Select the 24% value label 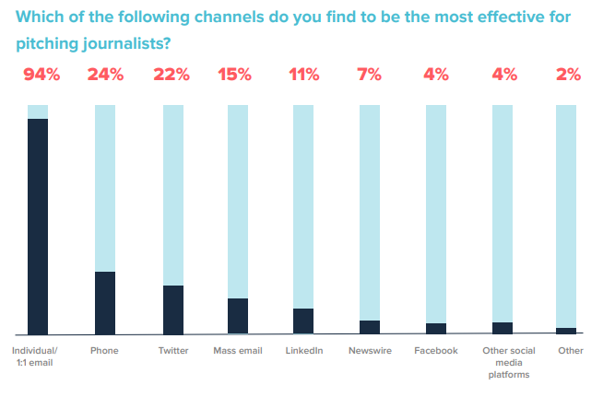[x=105, y=76]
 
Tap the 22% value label [x=173, y=76]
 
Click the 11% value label [x=304, y=76]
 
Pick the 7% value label [x=370, y=76]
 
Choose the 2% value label [x=567, y=76]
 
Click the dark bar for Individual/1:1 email [x=38, y=226]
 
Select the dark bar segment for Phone [x=105, y=302]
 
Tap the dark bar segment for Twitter [x=173, y=309]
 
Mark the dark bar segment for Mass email [x=238, y=315]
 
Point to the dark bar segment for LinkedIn [x=304, y=321]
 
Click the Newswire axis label [x=371, y=351]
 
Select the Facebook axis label [x=436, y=351]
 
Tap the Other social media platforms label [x=503, y=362]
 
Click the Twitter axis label [x=173, y=351]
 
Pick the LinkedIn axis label [x=304, y=351]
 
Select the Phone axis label [x=105, y=351]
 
